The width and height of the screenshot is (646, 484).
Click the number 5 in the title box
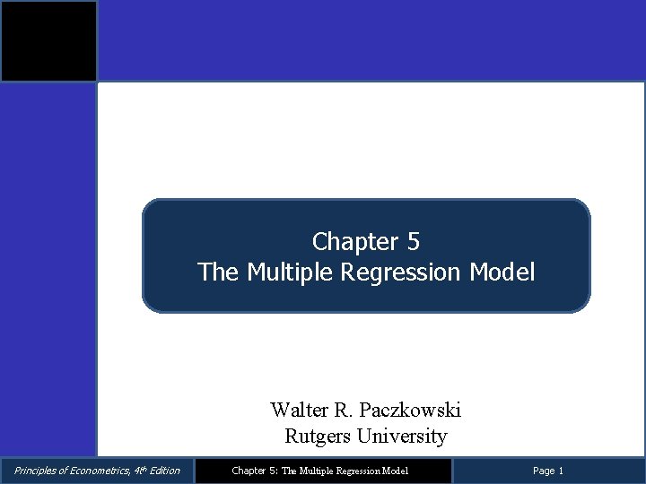[x=413, y=242]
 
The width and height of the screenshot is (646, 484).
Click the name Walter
[x=300, y=411]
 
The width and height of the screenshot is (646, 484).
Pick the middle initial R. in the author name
[x=345, y=411]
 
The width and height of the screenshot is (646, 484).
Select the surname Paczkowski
[x=410, y=411]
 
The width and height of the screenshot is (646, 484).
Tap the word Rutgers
[x=316, y=436]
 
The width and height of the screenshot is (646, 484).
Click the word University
[x=401, y=436]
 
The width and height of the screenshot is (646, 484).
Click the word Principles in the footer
[x=34, y=471]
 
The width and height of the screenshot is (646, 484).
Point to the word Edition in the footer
[x=164, y=471]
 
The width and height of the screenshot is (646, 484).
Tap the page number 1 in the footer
[x=561, y=471]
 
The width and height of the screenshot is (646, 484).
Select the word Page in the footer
[x=544, y=471]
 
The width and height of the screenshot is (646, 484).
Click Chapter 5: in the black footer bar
[x=255, y=471]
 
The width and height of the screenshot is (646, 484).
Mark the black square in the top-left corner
[x=48, y=41]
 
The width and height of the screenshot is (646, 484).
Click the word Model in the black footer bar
[x=394, y=471]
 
